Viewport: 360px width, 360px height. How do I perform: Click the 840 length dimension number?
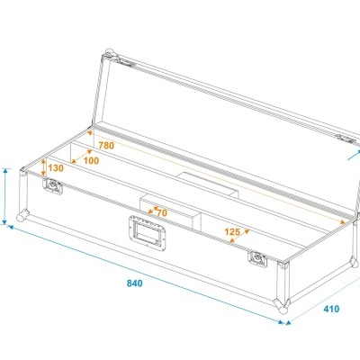point(135,283)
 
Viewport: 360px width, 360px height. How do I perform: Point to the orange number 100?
point(91,160)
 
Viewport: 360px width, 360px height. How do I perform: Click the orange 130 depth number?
point(56,168)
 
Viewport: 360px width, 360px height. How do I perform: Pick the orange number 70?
point(162,212)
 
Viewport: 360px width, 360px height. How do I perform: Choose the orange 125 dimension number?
point(232,232)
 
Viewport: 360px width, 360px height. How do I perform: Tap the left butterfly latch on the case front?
point(53,186)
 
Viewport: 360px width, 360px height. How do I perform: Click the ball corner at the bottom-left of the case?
point(20,219)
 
